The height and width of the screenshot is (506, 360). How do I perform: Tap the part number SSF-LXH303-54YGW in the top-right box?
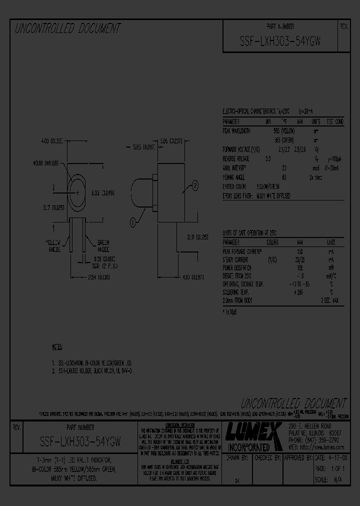click(x=280, y=42)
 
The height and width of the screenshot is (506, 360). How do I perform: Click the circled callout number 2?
click(x=195, y=185)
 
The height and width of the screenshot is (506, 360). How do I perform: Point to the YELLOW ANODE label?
click(x=53, y=245)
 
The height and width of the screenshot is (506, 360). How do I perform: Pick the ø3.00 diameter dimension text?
click(x=45, y=162)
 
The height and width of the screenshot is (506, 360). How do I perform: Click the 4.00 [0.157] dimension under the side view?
click(x=186, y=276)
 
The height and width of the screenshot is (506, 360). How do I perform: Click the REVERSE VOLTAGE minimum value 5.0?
click(x=268, y=158)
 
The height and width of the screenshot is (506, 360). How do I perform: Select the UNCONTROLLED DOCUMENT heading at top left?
click(x=68, y=28)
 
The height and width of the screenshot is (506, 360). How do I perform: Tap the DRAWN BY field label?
click(x=238, y=457)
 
